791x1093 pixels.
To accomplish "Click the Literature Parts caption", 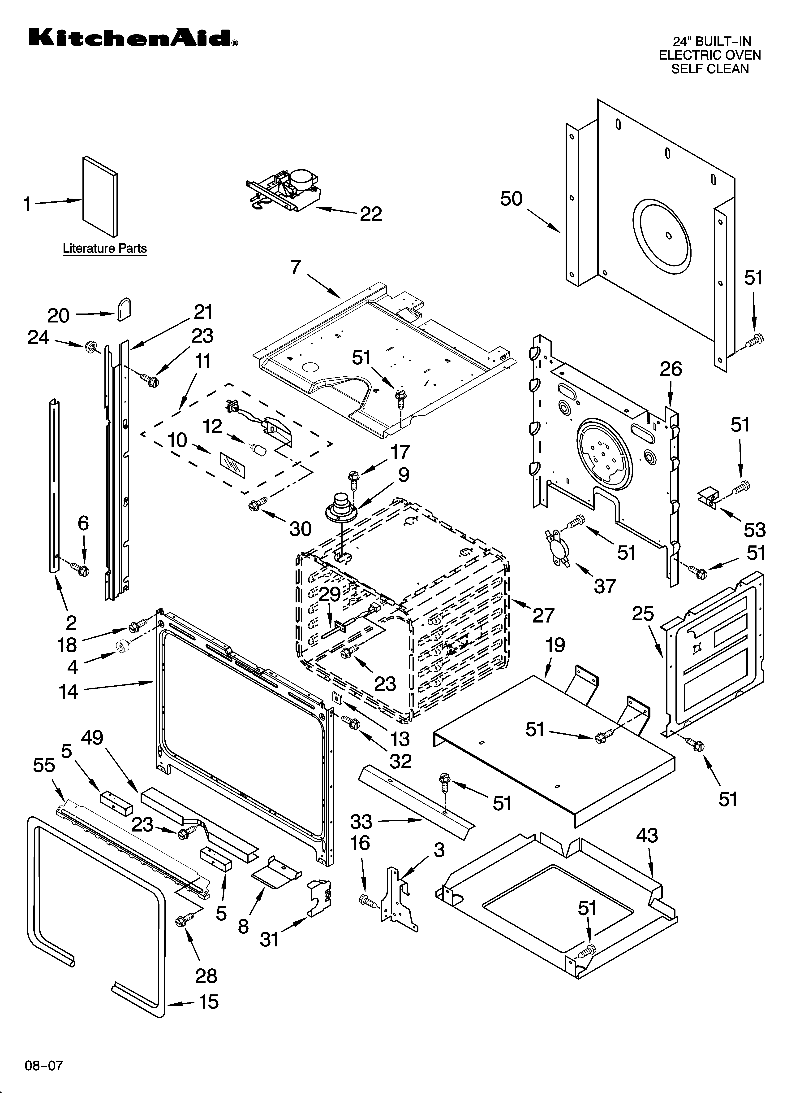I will (104, 249).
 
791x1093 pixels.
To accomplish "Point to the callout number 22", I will (371, 214).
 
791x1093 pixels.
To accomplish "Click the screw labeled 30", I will (254, 505).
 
